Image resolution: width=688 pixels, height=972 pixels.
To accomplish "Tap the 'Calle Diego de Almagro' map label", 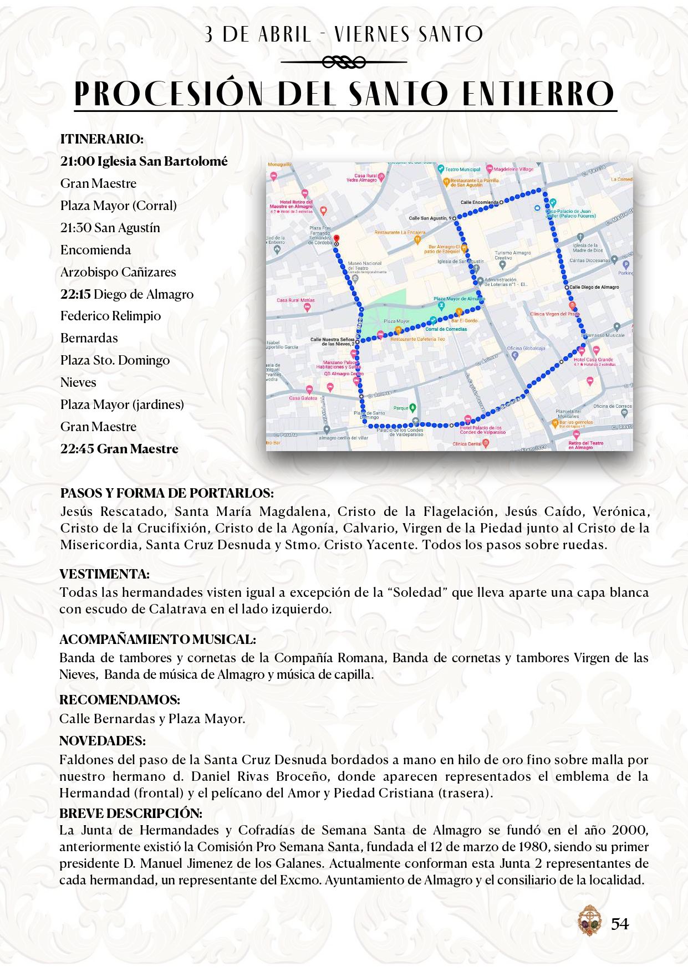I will click(x=594, y=287).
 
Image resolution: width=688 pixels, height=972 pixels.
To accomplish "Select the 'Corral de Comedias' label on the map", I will click(x=446, y=329).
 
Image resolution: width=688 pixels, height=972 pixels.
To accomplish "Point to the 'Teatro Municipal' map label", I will click(x=462, y=170).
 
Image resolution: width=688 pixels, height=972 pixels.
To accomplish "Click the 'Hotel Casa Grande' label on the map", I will click(x=593, y=360).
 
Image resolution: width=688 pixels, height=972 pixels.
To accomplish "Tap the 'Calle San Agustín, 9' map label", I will click(x=430, y=218).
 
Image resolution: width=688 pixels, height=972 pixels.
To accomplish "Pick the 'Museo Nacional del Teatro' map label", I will click(x=365, y=265).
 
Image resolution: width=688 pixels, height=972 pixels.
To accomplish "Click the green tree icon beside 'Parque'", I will click(x=412, y=408).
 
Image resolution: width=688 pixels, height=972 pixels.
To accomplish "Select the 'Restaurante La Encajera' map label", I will click(x=400, y=233).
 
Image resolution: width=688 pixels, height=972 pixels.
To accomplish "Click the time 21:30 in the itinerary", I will click(x=75, y=228).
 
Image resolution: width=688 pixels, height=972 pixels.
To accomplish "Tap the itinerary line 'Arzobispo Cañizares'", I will click(x=118, y=272).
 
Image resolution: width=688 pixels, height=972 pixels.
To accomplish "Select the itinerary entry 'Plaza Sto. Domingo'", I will click(x=115, y=360).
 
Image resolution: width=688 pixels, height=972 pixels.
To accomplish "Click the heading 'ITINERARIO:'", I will click(x=102, y=139).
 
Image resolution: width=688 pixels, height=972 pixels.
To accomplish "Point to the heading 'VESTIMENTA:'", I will click(x=104, y=574).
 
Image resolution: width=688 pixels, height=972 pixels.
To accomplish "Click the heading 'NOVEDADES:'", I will click(x=103, y=741).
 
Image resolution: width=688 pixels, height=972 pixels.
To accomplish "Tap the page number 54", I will click(x=620, y=924).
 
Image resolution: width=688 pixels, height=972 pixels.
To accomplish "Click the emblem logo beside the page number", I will click(x=589, y=920).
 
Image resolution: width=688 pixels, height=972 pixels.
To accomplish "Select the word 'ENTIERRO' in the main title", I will click(x=538, y=94).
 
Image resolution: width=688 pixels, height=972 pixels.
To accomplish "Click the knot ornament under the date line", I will click(x=344, y=63).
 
